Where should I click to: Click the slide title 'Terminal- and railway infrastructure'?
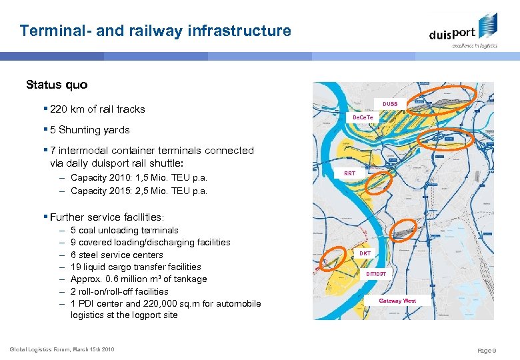point(155,31)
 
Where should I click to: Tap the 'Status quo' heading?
point(57,85)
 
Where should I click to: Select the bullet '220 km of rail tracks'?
point(97,109)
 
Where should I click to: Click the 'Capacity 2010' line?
point(139,178)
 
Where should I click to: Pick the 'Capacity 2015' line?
point(139,191)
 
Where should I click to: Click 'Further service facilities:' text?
point(107,217)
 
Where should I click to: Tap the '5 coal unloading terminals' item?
point(124,231)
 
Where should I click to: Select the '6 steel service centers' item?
point(117,255)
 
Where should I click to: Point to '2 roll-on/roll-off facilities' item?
point(119,291)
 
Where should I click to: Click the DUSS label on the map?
point(390,104)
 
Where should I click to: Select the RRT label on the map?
point(350,173)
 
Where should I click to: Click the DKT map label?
point(365,253)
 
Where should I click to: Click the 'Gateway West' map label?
point(397,301)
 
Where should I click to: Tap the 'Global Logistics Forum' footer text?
point(62,349)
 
